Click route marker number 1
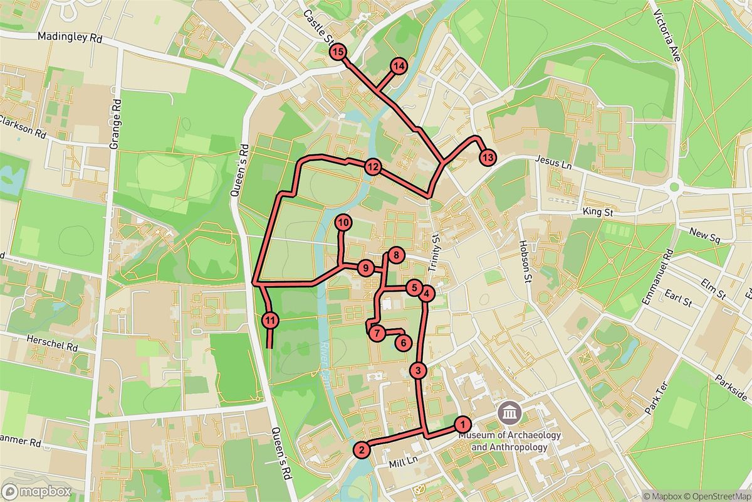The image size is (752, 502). [462, 424]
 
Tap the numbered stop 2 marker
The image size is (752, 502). [361, 449]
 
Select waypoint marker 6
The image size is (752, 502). [404, 343]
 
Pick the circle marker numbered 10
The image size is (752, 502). [343, 222]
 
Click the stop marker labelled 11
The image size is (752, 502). [270, 321]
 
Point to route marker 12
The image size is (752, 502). [373, 167]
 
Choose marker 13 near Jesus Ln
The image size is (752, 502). [488, 157]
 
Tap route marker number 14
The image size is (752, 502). [399, 66]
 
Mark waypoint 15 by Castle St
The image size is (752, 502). [338, 52]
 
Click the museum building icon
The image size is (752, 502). [508, 414]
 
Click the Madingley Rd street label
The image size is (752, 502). [70, 38]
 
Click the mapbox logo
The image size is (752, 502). [36, 491]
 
